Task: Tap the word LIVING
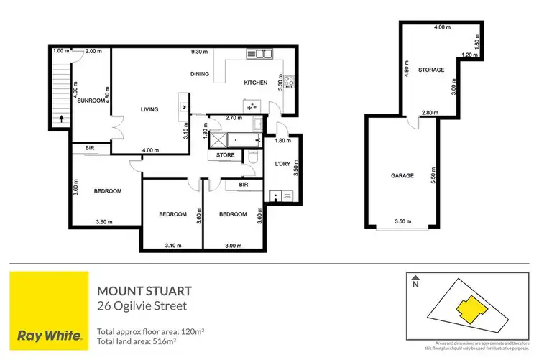tap(149, 109)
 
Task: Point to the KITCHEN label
tap(256, 83)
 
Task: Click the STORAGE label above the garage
tap(433, 70)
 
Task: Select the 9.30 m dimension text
tap(200, 52)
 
